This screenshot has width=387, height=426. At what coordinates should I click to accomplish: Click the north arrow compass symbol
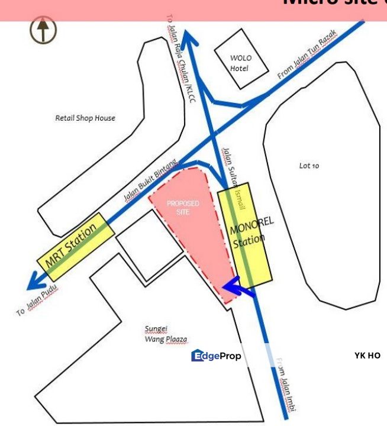pos(44,30)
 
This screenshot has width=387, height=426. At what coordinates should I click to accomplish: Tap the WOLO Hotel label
pos(240,63)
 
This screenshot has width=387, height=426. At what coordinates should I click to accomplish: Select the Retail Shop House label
pos(85,118)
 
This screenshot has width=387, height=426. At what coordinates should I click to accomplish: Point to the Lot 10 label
pos(309,166)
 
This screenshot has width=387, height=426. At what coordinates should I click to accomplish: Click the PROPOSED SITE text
pos(183,207)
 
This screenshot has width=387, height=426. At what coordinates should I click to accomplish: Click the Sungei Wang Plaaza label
pos(166,334)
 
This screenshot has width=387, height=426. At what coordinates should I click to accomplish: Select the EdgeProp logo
pos(216,356)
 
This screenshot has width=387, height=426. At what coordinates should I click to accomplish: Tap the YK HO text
pos(367,356)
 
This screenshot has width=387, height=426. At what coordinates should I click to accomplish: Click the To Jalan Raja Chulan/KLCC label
pos(180,62)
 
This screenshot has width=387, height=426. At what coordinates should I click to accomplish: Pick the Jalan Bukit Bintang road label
pos(151,180)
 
